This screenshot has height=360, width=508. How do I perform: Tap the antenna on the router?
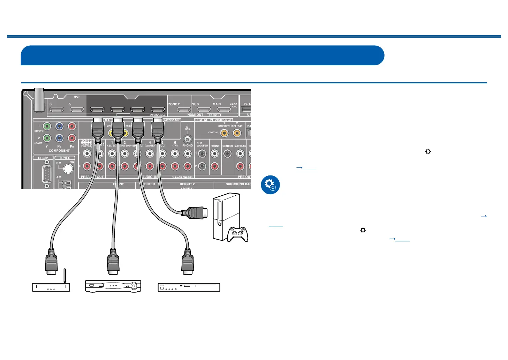pos(65,276)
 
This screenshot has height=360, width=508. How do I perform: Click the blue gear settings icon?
pos(270,185)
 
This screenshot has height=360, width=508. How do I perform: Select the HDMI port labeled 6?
pos(57,110)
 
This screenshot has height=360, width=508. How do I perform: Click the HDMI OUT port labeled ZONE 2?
pos(184,110)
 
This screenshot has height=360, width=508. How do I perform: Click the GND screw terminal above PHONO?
pos(188,139)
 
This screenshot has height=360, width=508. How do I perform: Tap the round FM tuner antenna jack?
pos(68,169)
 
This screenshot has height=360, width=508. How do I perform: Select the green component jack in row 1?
pos(47,126)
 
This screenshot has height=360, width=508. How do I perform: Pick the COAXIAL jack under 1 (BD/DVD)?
pos(224,133)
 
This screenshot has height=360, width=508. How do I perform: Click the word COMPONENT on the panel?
pos(59,151)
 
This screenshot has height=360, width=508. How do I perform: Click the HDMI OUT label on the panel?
pos(195,115)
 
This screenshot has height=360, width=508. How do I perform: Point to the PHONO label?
pos(188,145)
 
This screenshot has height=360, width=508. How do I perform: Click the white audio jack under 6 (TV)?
pos(175,153)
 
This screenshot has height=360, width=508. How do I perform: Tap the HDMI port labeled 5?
pos(77,110)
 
